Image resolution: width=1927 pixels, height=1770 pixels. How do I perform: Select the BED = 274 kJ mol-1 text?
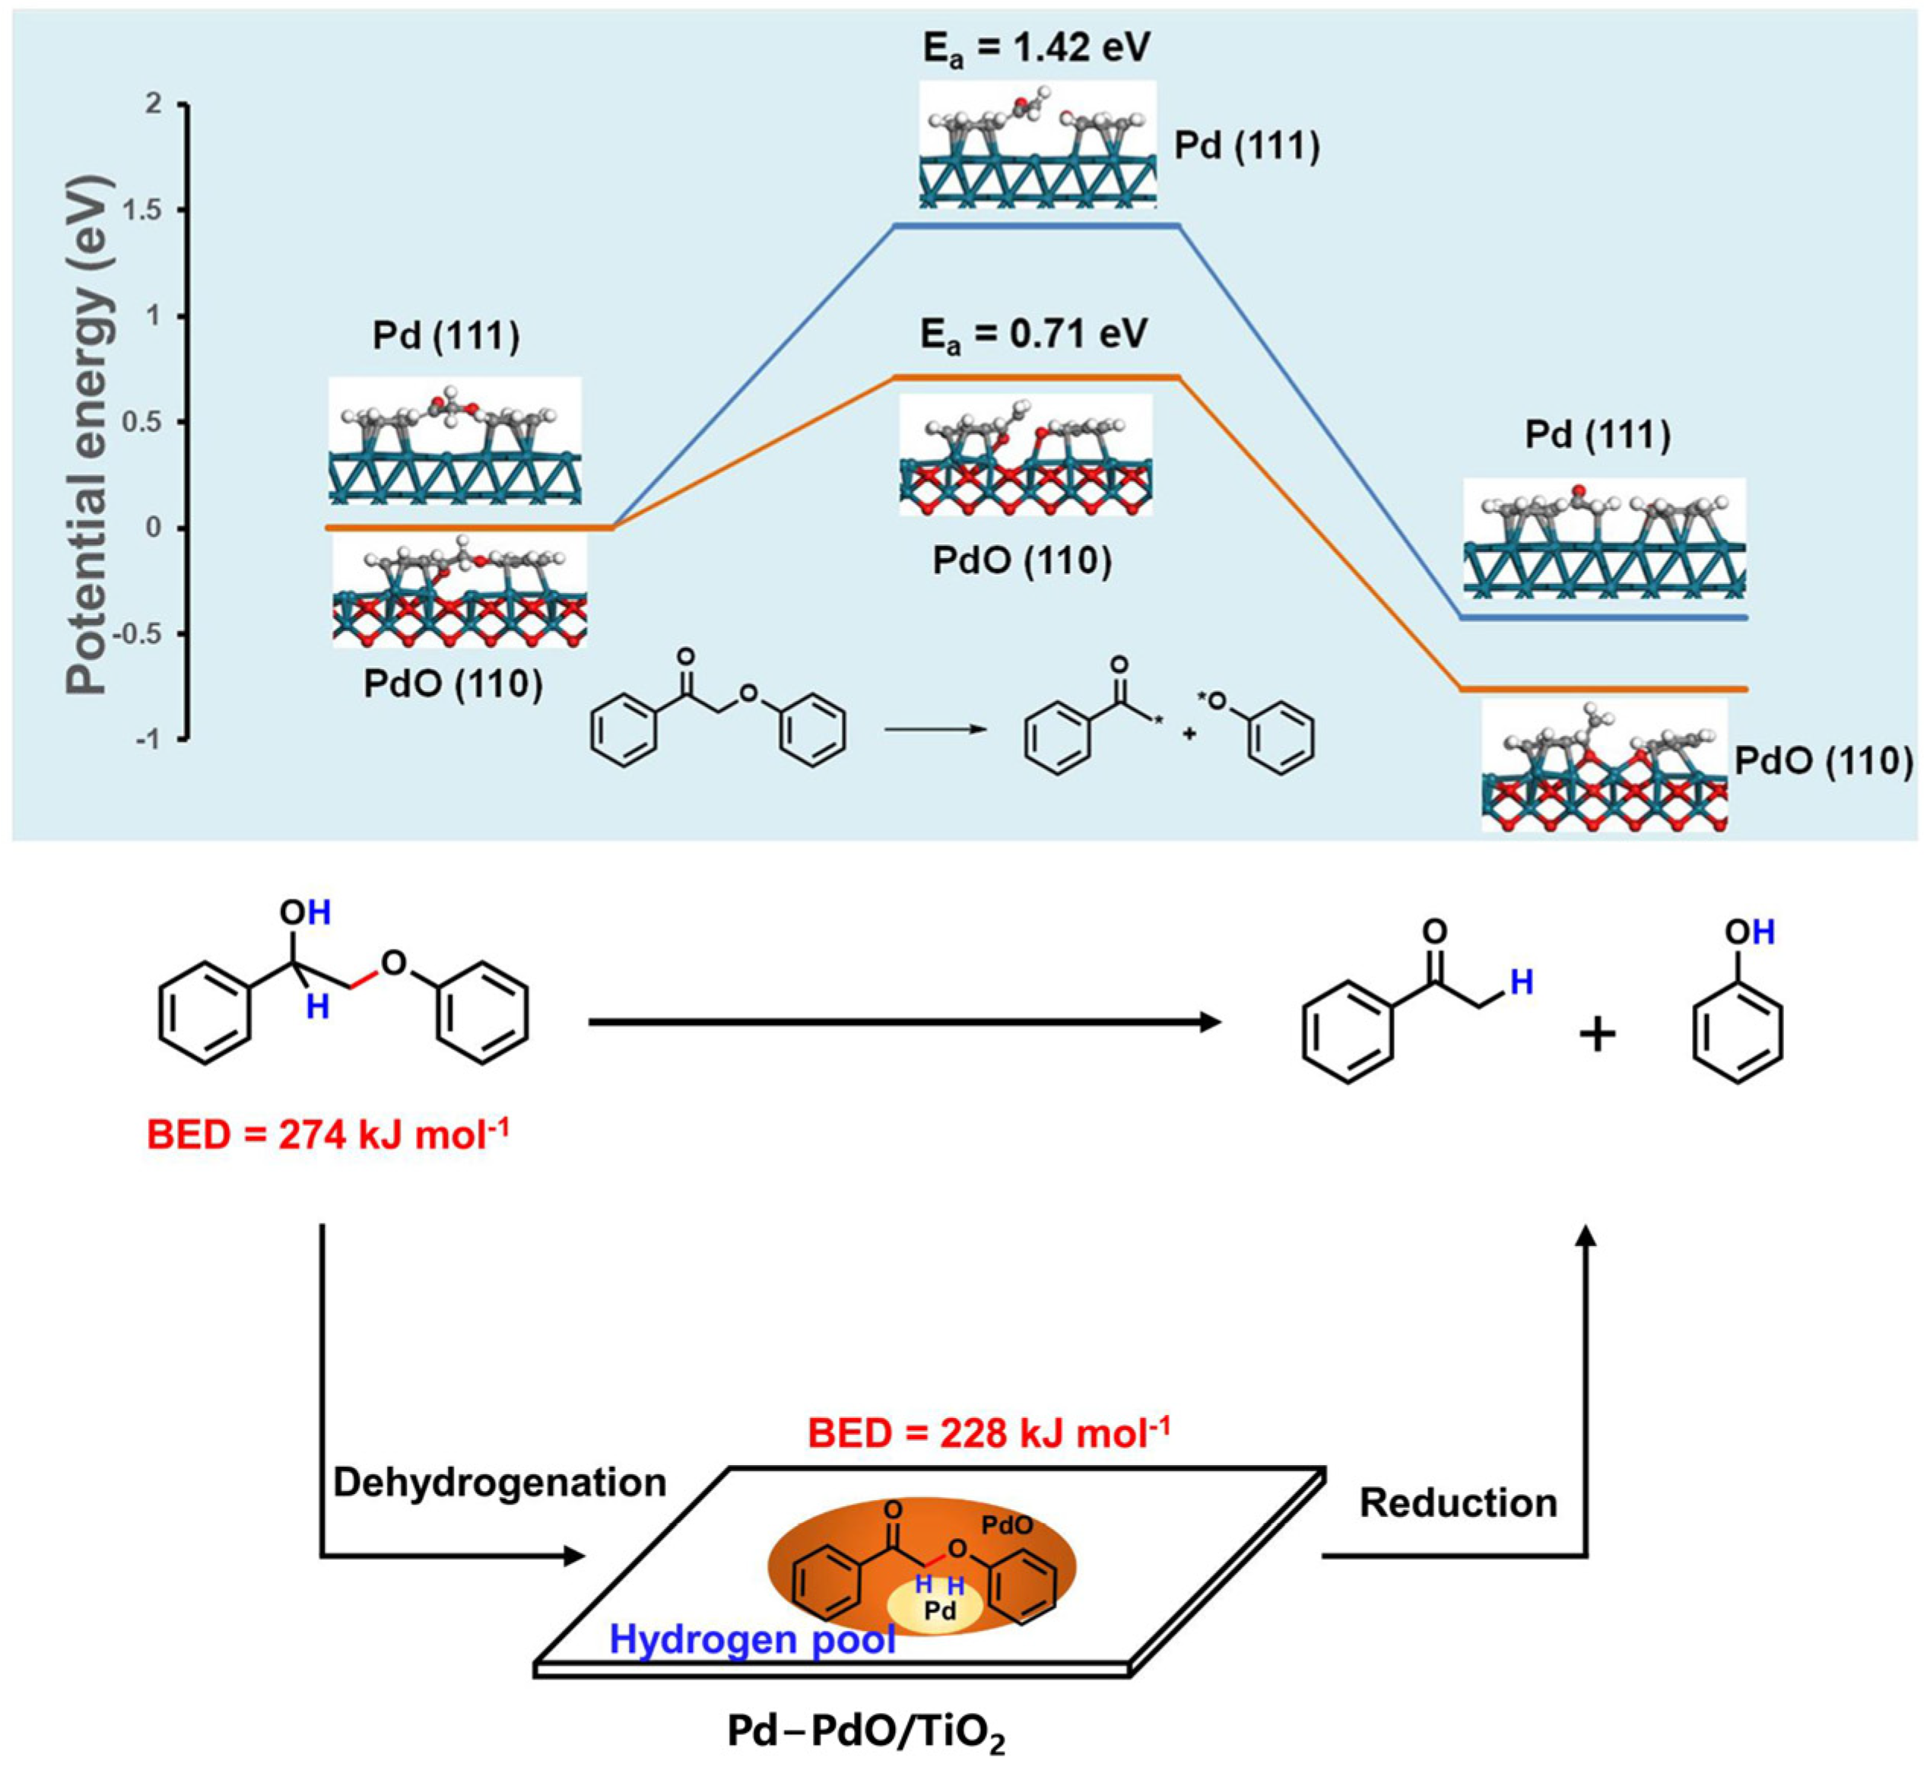pyautogui.click(x=328, y=1135)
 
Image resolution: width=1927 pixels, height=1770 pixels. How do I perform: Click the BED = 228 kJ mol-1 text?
pyautogui.click(x=989, y=1434)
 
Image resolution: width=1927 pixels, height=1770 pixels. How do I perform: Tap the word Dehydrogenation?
pyautogui.click(x=499, y=1483)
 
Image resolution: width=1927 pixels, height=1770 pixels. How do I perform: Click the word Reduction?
pyautogui.click(x=1458, y=1503)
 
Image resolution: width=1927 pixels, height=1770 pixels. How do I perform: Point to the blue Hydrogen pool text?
pyautogui.click(x=752, y=1640)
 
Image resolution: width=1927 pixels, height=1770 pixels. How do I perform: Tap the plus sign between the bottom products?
pyautogui.click(x=1596, y=1036)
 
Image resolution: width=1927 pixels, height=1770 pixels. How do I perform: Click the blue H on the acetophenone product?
pyautogui.click(x=1521, y=982)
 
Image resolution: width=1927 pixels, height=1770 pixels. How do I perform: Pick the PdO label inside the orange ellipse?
pyautogui.click(x=1008, y=1526)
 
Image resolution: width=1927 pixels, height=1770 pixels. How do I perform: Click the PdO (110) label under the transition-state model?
pyautogui.click(x=1022, y=560)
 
